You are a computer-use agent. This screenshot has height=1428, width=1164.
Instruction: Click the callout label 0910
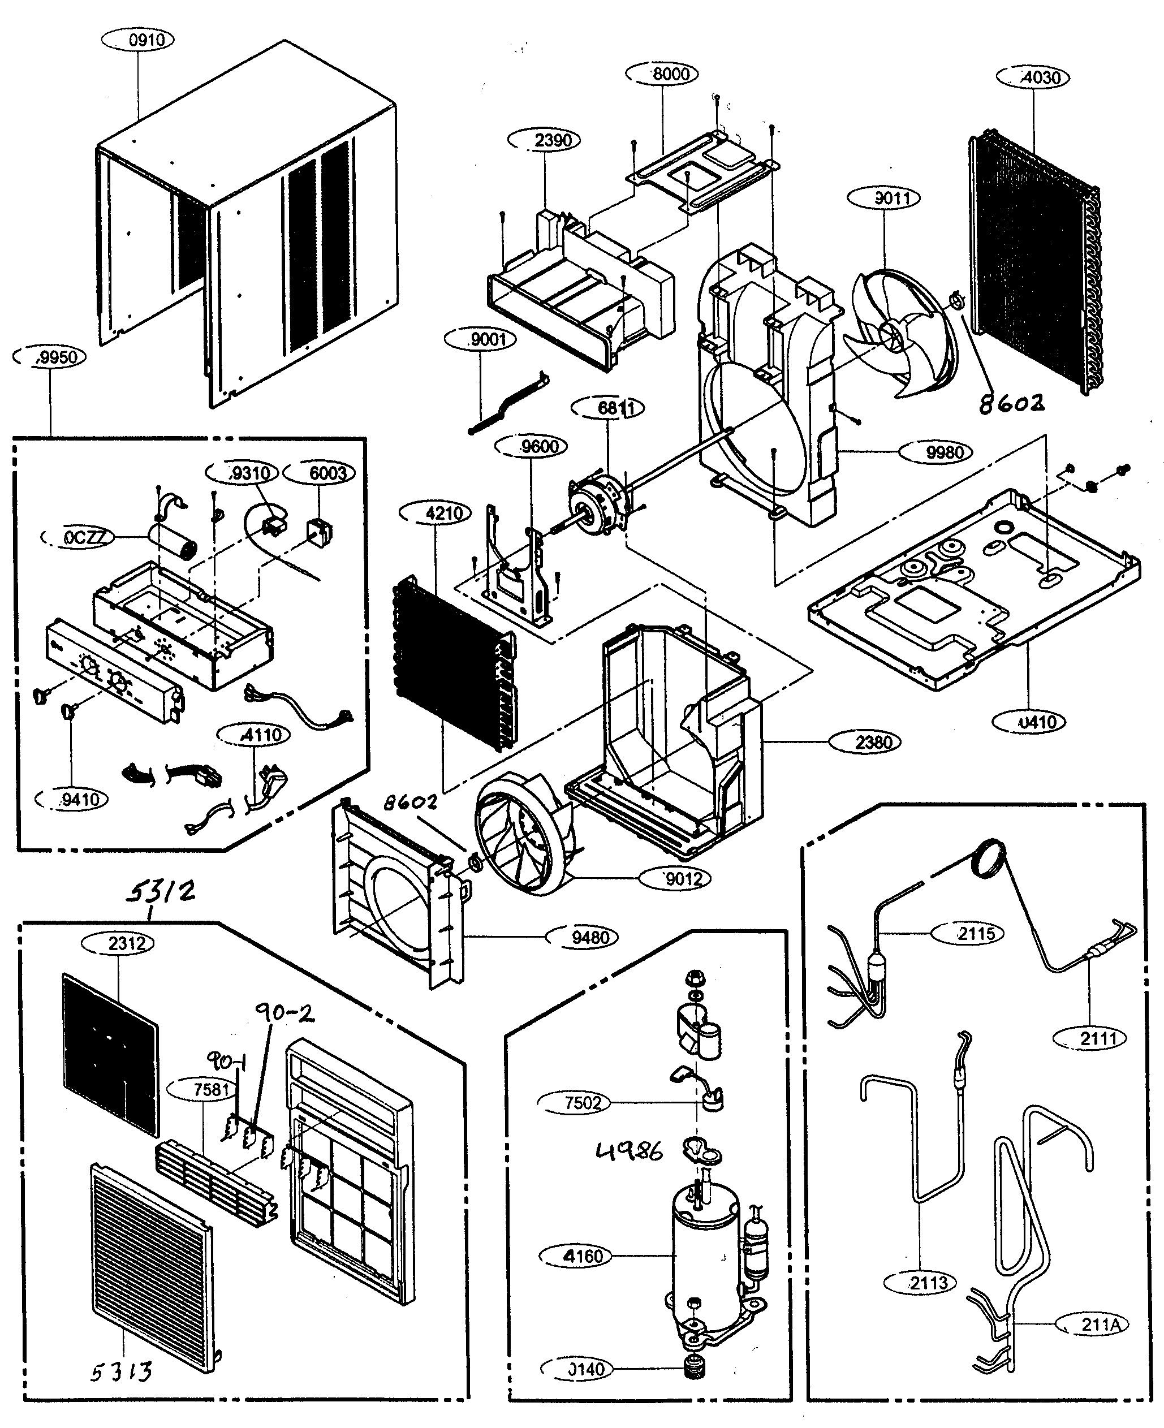(137, 40)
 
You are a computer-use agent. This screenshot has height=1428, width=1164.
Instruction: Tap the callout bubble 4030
(1033, 78)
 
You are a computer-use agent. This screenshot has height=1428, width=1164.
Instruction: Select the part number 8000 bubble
(662, 74)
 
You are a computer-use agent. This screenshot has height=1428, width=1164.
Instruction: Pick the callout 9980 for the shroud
(935, 452)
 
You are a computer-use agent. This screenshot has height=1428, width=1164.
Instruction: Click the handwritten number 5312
(161, 892)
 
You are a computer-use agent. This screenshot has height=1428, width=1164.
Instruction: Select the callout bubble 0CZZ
(79, 538)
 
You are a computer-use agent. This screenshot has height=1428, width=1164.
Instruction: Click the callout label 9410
(72, 799)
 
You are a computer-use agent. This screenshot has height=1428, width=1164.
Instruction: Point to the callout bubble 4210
(435, 514)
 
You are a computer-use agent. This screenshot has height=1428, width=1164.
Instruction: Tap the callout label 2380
(865, 742)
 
